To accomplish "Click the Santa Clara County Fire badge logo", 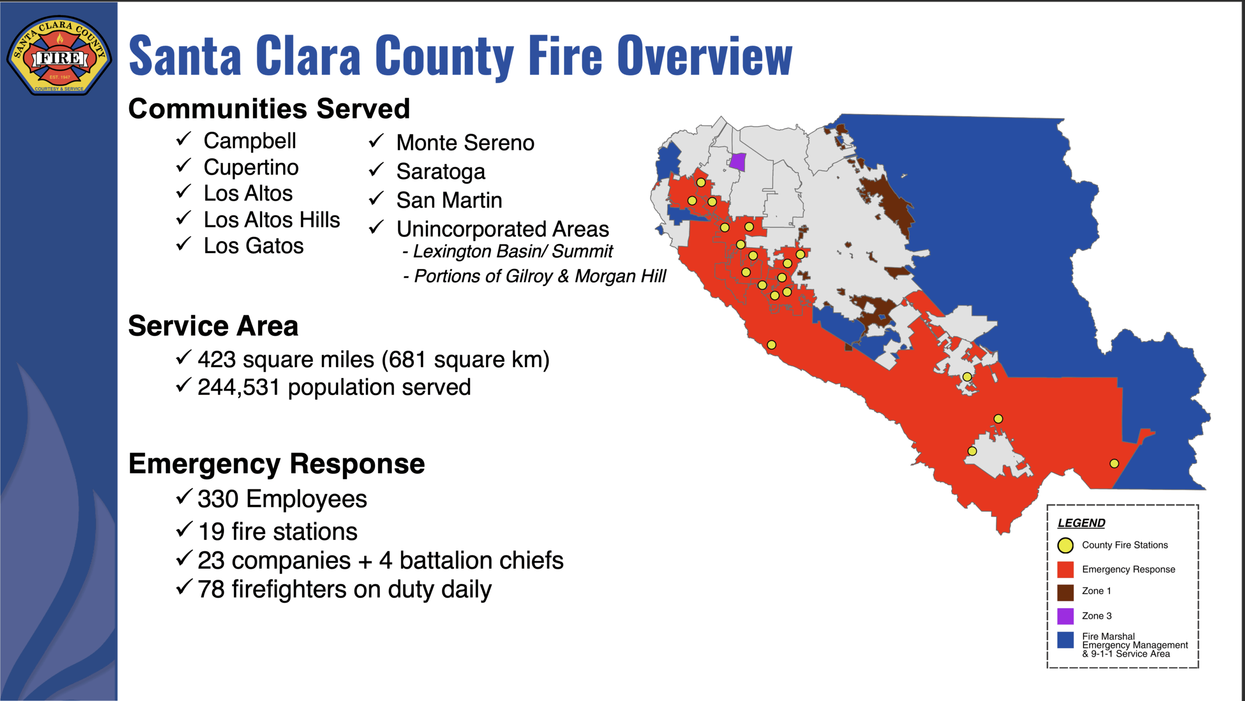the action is coord(59,55).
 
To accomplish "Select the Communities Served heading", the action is coord(269,108).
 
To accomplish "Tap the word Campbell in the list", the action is coord(249,141).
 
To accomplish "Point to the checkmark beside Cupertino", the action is coord(183,165).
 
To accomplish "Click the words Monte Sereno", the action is coord(465,143).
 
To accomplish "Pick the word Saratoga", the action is coord(441,172).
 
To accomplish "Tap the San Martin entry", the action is coord(449,200).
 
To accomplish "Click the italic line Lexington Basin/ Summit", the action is coord(508,252).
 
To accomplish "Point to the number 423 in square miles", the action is coord(217,360).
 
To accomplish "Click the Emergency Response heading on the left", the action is coord(277,464).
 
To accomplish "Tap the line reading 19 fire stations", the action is coord(278,531).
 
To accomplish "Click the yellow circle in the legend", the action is coord(1065,545).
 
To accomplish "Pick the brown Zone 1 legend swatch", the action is coord(1065,592).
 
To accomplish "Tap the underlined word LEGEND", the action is coord(1081,523).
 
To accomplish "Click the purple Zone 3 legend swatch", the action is coord(1065,616).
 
